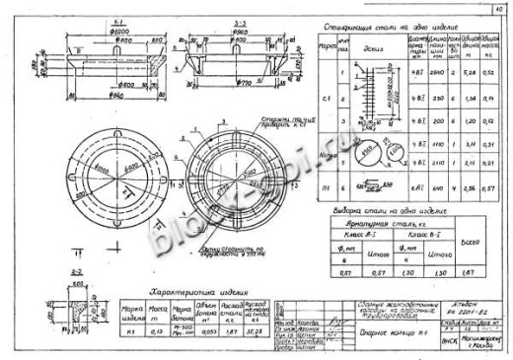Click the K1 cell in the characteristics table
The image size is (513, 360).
[129, 331]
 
